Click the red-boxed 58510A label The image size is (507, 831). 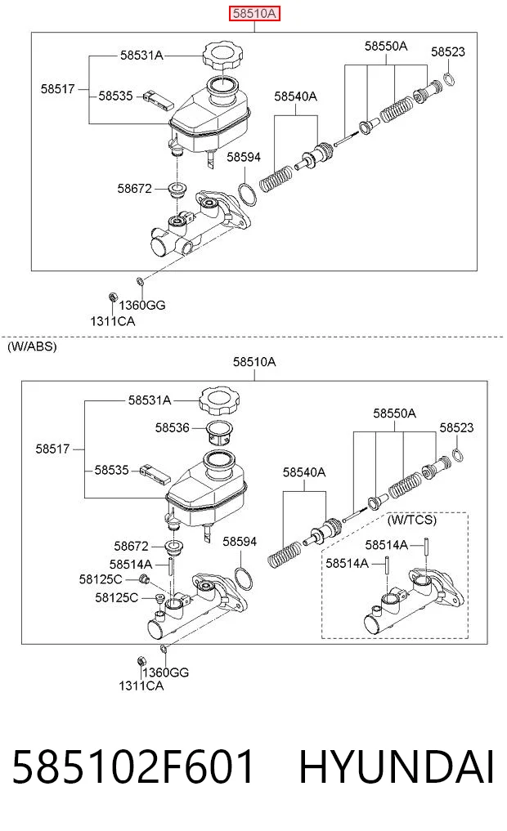coord(254,13)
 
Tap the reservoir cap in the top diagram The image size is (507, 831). coord(222,56)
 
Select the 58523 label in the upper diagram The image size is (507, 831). coord(447,52)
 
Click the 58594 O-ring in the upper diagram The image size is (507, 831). coord(247,194)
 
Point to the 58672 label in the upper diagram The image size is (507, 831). coord(134,189)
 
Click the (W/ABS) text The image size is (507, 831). coord(32,346)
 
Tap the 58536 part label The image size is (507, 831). coord(172,427)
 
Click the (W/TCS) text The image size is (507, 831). coord(412,520)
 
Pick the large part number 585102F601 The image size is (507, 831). coord(133,767)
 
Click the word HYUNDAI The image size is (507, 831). coord(397,767)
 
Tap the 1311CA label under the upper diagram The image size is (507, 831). coord(112,321)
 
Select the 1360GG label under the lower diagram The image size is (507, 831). coord(165,672)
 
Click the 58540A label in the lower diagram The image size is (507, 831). coord(304,472)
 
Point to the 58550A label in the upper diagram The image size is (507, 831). coord(385,47)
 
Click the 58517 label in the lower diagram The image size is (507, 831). coord(52,449)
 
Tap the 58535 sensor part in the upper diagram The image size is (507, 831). coord(158,101)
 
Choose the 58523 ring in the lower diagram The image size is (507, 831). coord(460,454)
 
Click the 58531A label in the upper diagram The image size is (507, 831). coord(141,55)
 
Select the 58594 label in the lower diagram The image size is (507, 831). coord(240,542)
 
